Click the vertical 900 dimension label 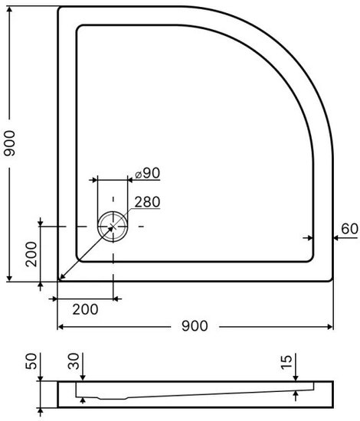tap(9, 143)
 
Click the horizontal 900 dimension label tap(195, 326)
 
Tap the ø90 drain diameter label tap(148, 173)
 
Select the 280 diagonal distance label tap(147, 202)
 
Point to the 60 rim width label tap(349, 229)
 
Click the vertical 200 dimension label tap(31, 254)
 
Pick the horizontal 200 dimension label tap(85, 309)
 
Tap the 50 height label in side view tap(31, 361)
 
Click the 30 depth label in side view tap(74, 361)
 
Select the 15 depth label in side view tap(286, 363)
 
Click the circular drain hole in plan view tap(113, 227)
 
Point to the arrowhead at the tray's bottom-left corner tap(62, 277)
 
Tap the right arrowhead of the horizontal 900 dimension tap(329, 327)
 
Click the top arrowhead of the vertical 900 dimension tap(9, 10)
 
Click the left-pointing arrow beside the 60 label tap(345, 238)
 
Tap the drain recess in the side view tap(113, 398)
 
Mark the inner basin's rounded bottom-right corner tap(310, 258)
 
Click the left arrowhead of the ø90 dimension tap(93, 180)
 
